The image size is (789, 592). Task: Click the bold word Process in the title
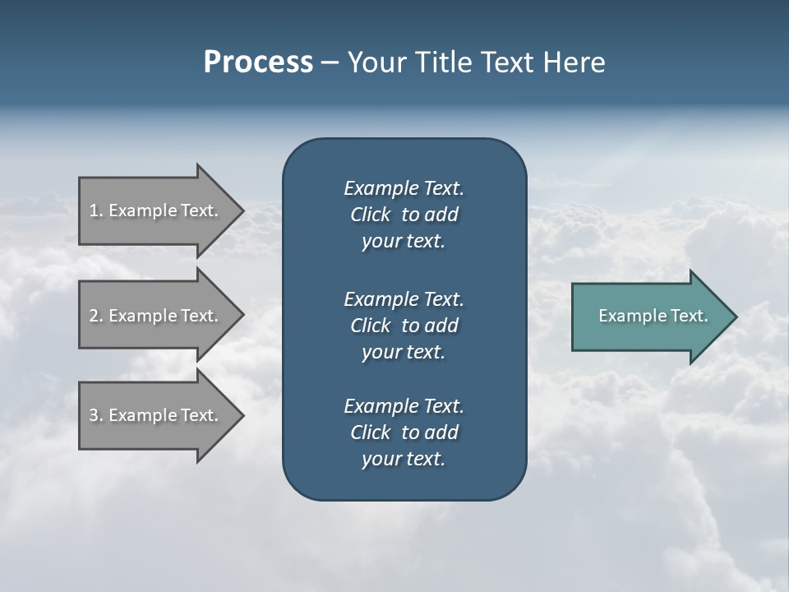click(258, 62)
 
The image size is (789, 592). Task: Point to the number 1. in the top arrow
click(96, 210)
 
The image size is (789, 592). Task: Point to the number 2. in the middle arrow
click(96, 316)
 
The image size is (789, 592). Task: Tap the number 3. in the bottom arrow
click(96, 415)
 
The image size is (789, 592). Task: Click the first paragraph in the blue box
click(404, 215)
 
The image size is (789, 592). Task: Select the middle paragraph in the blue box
click(404, 326)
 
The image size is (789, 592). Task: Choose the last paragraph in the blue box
click(404, 432)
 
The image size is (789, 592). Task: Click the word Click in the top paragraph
click(371, 215)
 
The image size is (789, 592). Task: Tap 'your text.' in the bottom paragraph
click(404, 459)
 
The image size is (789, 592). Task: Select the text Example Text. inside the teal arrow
click(653, 316)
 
